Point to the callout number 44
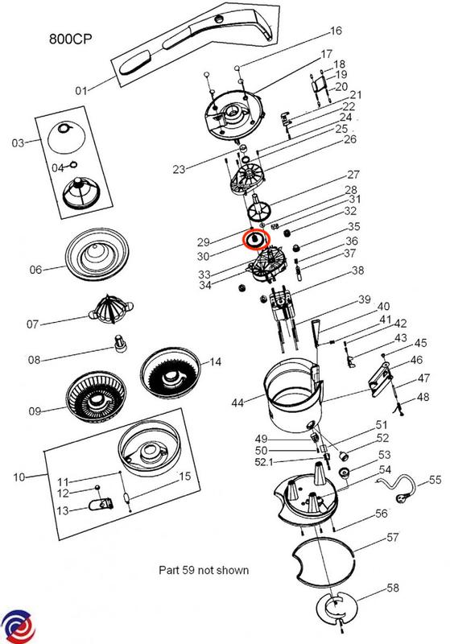pyautogui.click(x=238, y=401)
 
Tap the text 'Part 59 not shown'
pyautogui.click(x=204, y=570)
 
